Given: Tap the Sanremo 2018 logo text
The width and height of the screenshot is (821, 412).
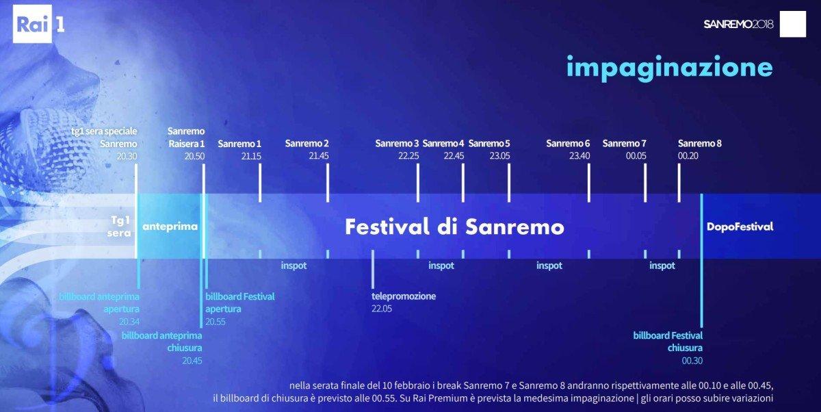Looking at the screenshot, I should click(x=738, y=25).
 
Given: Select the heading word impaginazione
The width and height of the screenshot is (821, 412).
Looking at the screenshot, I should click(x=669, y=67).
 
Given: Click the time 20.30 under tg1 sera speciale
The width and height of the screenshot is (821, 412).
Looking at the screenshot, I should click(x=127, y=156).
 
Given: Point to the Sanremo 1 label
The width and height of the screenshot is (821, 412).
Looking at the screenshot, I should click(x=239, y=144).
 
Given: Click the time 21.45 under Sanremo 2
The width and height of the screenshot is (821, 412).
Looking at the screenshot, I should click(x=319, y=156).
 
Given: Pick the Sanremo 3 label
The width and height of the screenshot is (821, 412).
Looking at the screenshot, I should click(x=397, y=144).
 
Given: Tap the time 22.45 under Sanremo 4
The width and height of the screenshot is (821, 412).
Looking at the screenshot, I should click(x=454, y=156).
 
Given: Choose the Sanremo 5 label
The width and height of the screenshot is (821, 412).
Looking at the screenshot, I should click(x=489, y=144).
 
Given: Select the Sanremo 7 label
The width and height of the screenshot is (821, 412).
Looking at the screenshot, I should click(x=624, y=144).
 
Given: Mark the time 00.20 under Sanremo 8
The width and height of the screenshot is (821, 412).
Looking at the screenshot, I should click(x=688, y=156).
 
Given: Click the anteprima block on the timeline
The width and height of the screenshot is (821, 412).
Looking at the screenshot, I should click(x=170, y=227).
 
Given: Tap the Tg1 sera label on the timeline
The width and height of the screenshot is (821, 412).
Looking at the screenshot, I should click(x=119, y=227).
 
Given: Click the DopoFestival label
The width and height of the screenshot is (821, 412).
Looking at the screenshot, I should click(x=740, y=227).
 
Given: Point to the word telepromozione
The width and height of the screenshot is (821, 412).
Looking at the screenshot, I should click(x=404, y=296).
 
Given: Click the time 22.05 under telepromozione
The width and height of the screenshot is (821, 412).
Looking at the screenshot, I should click(x=382, y=309).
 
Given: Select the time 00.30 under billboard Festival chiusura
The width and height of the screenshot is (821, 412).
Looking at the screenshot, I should click(x=692, y=361).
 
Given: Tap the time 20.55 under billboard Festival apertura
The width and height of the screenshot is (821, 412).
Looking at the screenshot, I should click(x=216, y=322).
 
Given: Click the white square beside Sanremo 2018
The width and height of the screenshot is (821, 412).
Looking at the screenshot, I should click(x=793, y=24).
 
